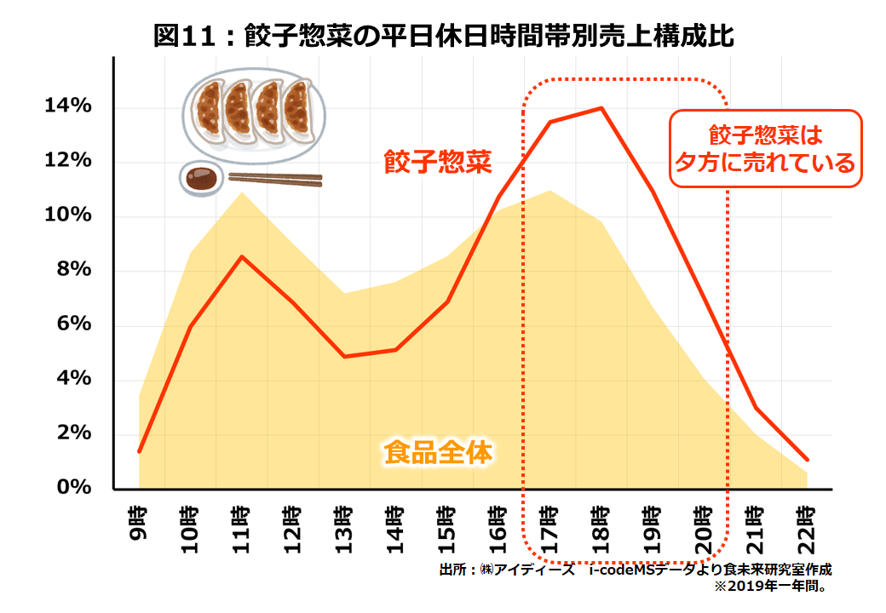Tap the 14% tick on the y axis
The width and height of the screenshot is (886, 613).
[x=69, y=106]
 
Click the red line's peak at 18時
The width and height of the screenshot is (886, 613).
[x=601, y=108]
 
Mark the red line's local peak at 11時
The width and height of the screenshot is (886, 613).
[x=242, y=257]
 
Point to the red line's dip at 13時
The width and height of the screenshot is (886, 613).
[x=343, y=356]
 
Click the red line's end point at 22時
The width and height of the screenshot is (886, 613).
[x=807, y=460]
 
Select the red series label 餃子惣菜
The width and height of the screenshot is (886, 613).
[x=437, y=162]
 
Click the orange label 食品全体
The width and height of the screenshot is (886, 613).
[x=438, y=452]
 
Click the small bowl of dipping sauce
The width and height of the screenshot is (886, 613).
[x=201, y=178]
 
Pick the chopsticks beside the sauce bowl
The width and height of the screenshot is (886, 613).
[x=274, y=179]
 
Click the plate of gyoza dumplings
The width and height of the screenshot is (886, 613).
[x=247, y=111]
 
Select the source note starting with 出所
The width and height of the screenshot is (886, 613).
[x=635, y=570]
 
